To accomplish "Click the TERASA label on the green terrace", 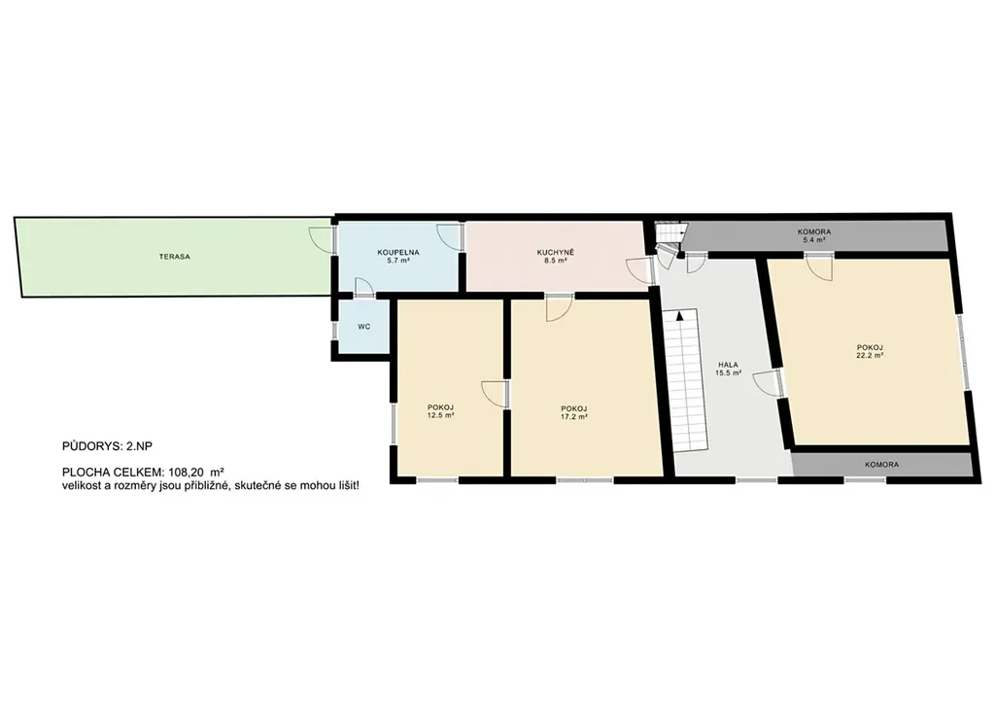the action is pos(175,257).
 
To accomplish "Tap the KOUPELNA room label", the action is pos(398,252).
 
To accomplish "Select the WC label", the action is pos(363,327).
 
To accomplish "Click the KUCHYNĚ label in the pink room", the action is pos(555,252).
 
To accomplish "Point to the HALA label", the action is pos(728,365).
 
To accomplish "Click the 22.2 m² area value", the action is pos(870,356).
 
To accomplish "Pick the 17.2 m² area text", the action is pos(573,416).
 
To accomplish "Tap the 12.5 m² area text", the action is pos(440,415).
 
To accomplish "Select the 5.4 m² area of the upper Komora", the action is pos(814,240).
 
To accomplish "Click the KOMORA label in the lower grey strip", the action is pos(881,465).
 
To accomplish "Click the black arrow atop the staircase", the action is pos(681,315).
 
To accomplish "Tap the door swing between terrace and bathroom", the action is pos(321,238).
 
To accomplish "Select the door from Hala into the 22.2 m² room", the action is pos(766,383).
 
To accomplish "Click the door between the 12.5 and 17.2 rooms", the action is pos(495,394).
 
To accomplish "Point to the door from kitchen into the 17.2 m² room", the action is pos(559,308).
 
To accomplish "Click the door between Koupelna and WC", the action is pos(364,287).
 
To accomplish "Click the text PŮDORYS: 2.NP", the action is pos(107,446).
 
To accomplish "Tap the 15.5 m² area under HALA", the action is pos(729,373).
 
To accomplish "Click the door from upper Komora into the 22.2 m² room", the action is pos(819,267).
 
